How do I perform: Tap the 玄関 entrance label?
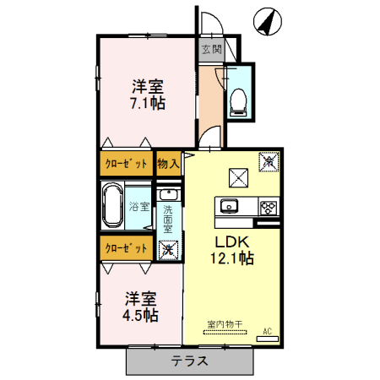(211, 50)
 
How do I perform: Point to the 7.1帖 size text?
(147, 103)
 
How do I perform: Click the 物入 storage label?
(169, 164)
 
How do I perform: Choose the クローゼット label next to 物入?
(127, 164)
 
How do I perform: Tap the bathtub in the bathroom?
(112, 205)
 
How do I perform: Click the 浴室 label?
(138, 206)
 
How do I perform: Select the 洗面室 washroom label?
(168, 219)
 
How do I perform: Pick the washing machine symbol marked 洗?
(168, 249)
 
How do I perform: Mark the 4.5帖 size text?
(140, 315)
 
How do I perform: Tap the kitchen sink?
(231, 206)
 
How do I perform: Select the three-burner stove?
(268, 206)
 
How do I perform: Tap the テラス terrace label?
(190, 361)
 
